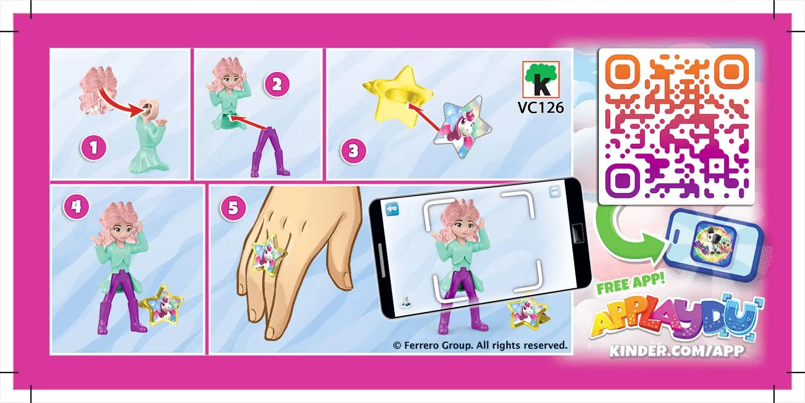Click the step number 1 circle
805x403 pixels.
tap(93, 148)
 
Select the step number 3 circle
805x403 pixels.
tap(353, 152)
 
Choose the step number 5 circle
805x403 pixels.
tap(233, 208)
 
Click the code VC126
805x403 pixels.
tap(541, 108)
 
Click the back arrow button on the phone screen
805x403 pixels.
tap(392, 209)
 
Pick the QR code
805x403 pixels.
tap(676, 126)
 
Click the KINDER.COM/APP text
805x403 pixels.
tap(677, 350)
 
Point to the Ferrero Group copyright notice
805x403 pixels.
tap(480, 345)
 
